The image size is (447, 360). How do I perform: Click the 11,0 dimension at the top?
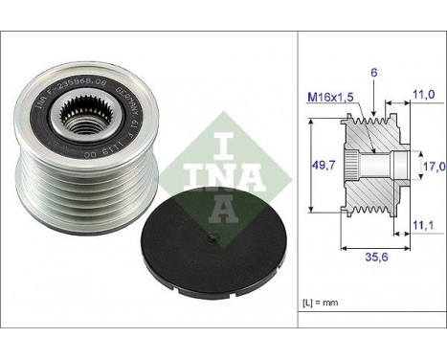(424, 95)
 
